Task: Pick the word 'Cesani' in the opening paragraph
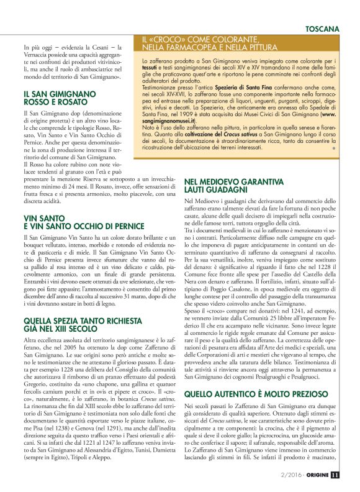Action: [95, 47]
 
